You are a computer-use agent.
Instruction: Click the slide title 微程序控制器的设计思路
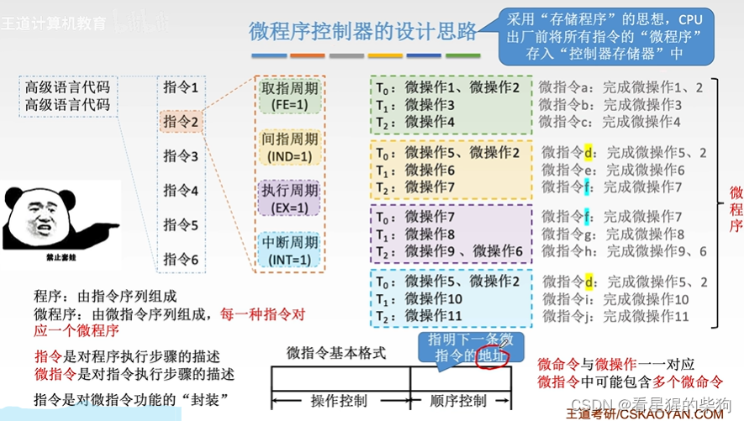pos(362,32)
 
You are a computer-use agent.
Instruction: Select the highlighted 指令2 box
pos(181,122)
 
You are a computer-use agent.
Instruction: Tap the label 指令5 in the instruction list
pos(181,225)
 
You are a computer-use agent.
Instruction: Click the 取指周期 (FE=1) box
pos(290,96)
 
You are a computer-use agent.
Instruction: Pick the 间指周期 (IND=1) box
pos(290,148)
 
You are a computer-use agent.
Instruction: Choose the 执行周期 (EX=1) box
pos(290,199)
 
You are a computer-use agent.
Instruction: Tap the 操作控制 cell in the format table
pos(340,400)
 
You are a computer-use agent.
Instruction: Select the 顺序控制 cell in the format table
pos(457,400)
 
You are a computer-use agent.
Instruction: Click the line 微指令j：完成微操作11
pos(615,316)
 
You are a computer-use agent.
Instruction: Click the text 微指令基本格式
pos(335,353)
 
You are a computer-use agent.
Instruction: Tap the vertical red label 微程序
pos(736,210)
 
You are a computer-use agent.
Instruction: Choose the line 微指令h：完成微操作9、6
pos(622,251)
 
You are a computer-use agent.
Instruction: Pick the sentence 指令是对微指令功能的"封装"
pos(131,398)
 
